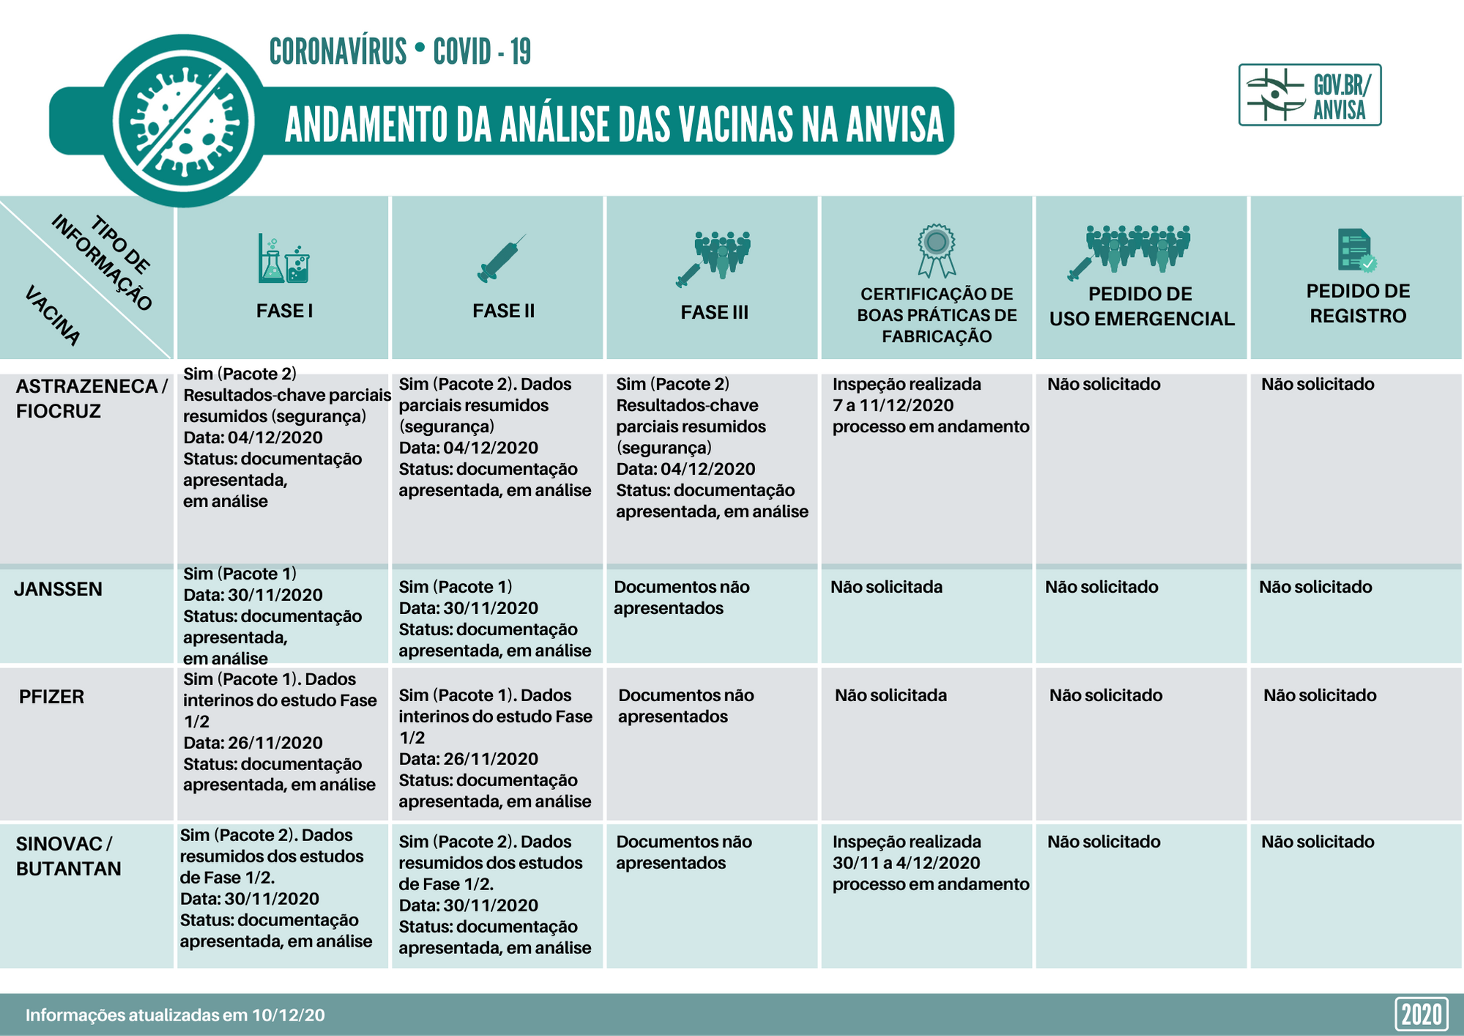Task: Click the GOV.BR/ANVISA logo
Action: point(1309,95)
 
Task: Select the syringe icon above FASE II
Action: point(501,259)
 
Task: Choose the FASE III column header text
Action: point(714,312)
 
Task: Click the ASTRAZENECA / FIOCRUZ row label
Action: point(92,399)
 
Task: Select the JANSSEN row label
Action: point(59,589)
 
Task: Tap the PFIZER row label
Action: point(51,696)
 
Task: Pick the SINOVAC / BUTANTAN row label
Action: point(68,856)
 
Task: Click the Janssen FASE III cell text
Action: point(681,597)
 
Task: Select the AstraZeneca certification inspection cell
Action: point(930,405)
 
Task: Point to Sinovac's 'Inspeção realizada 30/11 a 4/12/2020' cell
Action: point(930,863)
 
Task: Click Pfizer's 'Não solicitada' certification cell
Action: point(891,695)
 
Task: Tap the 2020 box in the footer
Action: point(1421,1015)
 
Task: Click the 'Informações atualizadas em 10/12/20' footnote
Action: point(175,1015)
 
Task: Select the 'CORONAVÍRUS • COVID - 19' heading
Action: point(400,52)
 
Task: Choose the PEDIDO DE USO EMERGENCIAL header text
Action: point(1141,306)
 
